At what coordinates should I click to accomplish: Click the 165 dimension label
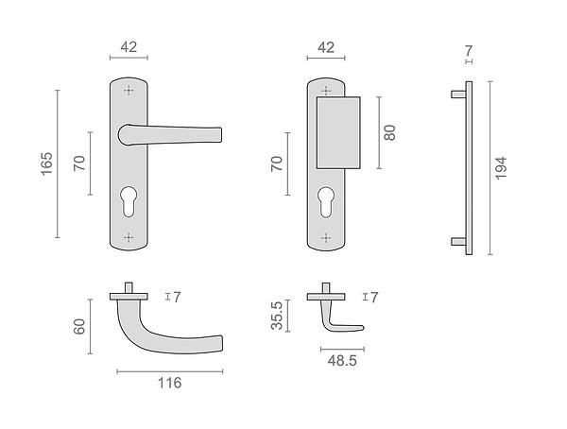(x=46, y=163)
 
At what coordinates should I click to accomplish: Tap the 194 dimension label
(x=501, y=168)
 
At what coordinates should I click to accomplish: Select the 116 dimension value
(x=169, y=383)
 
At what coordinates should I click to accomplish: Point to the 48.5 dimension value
(x=342, y=361)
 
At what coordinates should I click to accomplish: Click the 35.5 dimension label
(x=277, y=316)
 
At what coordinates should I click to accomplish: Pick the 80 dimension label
(x=389, y=132)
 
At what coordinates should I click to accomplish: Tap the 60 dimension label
(x=79, y=327)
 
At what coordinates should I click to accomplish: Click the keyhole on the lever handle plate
(x=129, y=201)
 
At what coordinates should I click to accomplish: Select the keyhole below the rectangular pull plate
(x=326, y=202)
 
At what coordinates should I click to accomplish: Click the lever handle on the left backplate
(x=169, y=135)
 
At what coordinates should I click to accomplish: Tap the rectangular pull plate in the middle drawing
(x=338, y=132)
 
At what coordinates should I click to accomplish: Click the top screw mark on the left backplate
(x=129, y=90)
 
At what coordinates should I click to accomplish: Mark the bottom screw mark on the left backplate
(x=129, y=237)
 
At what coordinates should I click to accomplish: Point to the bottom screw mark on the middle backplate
(x=326, y=237)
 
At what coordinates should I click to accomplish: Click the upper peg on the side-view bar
(x=458, y=94)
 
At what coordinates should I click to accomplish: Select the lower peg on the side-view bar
(x=458, y=242)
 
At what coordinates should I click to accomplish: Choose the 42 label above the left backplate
(x=129, y=47)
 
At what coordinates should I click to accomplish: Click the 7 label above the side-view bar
(x=469, y=51)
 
